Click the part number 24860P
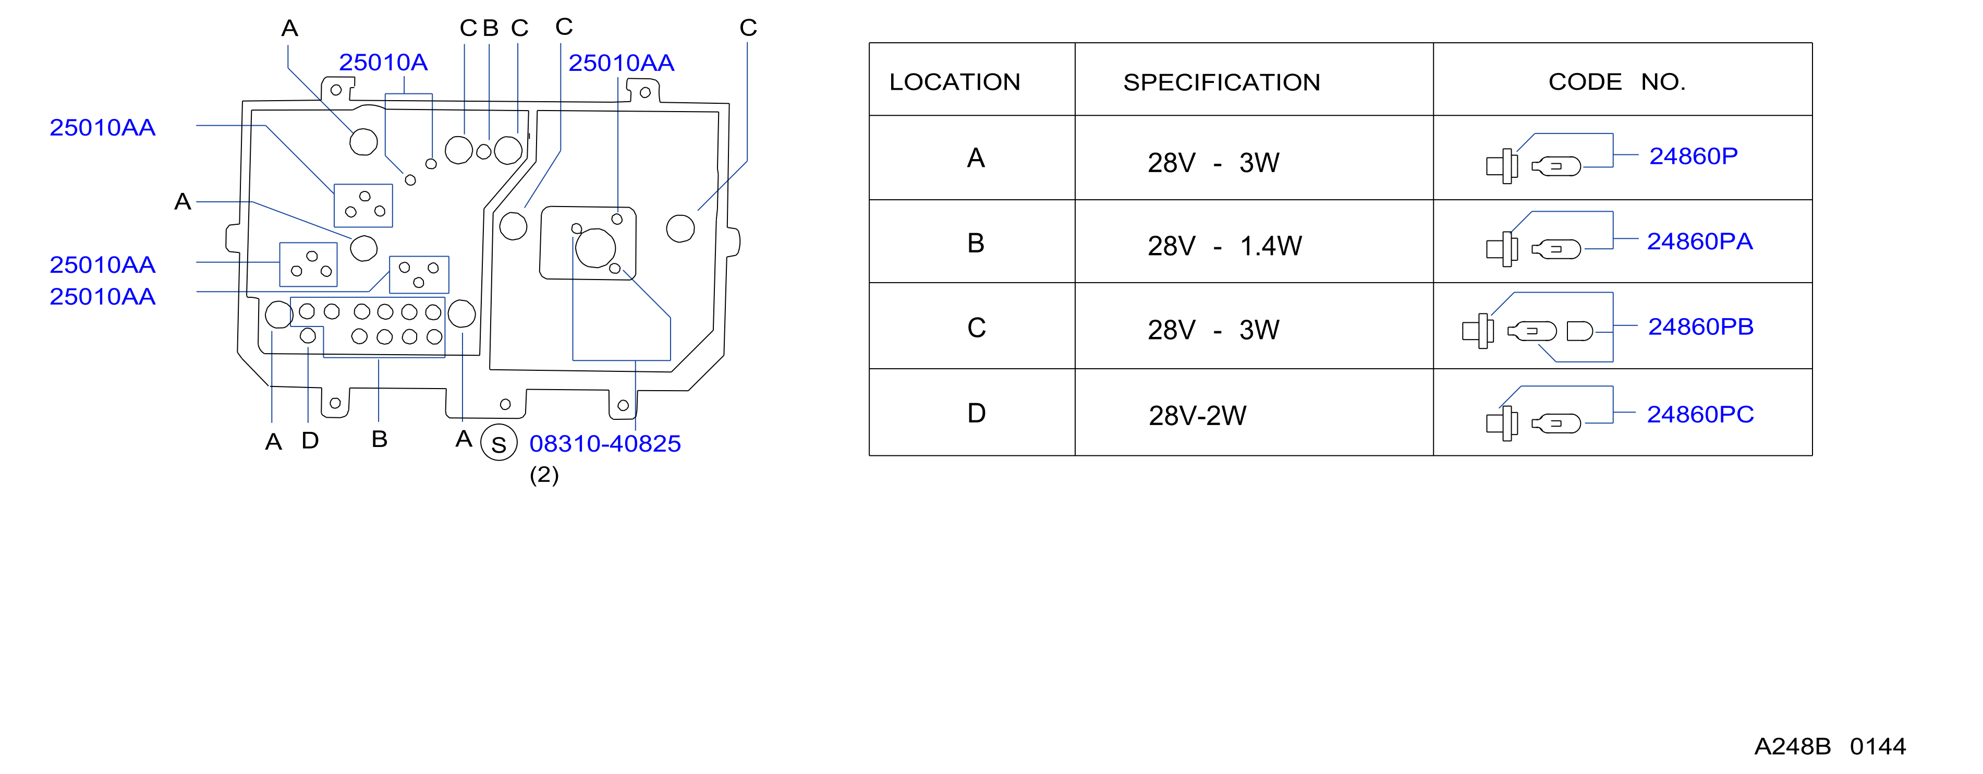pyautogui.click(x=1693, y=156)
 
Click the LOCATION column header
pyautogui.click(x=955, y=82)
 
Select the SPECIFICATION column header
pyautogui.click(x=1222, y=82)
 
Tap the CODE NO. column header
pyautogui.click(x=1616, y=82)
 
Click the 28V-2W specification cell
pyautogui.click(x=1197, y=416)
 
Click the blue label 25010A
pyautogui.click(x=383, y=63)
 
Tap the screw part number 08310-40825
pyautogui.click(x=605, y=444)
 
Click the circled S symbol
pyautogui.click(x=499, y=443)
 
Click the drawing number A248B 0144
pyautogui.click(x=1830, y=746)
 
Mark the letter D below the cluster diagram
pyautogui.click(x=310, y=441)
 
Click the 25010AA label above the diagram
pyautogui.click(x=621, y=63)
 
